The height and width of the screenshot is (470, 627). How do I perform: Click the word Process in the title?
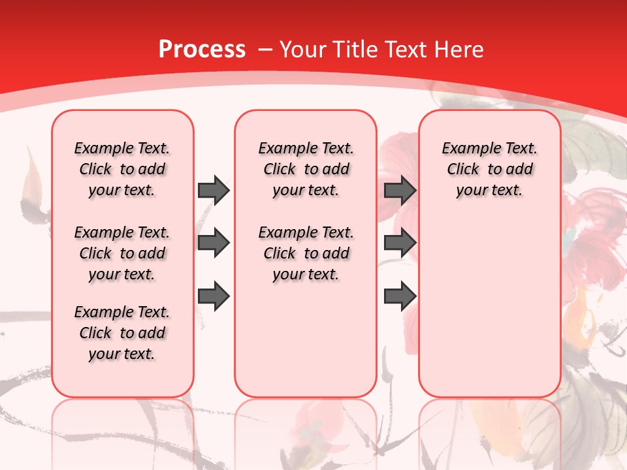click(202, 50)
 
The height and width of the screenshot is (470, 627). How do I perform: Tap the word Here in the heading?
click(460, 50)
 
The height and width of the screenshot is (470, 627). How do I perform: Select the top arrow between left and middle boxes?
click(214, 190)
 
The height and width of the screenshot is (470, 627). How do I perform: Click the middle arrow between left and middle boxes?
click(214, 243)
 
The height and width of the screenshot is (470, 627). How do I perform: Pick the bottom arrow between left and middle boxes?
click(214, 297)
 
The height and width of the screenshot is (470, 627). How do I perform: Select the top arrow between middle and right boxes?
click(400, 190)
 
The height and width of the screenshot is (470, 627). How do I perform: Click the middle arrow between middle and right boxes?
click(400, 243)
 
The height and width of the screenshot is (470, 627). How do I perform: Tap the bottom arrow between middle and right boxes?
click(400, 297)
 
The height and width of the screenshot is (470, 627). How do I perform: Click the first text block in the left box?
click(122, 169)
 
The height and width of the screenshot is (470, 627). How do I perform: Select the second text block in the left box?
click(122, 253)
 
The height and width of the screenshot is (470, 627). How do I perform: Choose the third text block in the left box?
click(122, 333)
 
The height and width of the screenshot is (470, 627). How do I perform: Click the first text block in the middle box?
click(306, 169)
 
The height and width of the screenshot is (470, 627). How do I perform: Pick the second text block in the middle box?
click(306, 253)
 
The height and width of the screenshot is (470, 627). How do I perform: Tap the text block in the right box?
click(489, 169)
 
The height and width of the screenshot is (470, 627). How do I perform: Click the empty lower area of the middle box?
click(306, 339)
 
